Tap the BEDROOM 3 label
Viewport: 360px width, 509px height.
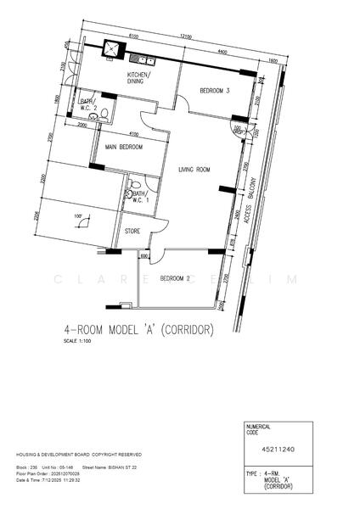215,91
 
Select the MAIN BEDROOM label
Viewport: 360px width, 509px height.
123,148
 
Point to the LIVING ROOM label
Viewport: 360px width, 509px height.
194,171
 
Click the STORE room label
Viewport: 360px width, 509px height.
132,230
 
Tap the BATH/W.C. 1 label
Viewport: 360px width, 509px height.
141,199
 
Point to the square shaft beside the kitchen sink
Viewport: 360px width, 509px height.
111,49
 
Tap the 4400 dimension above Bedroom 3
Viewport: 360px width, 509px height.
222,53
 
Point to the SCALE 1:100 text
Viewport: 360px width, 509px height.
76,342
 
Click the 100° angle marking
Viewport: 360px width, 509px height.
79,216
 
